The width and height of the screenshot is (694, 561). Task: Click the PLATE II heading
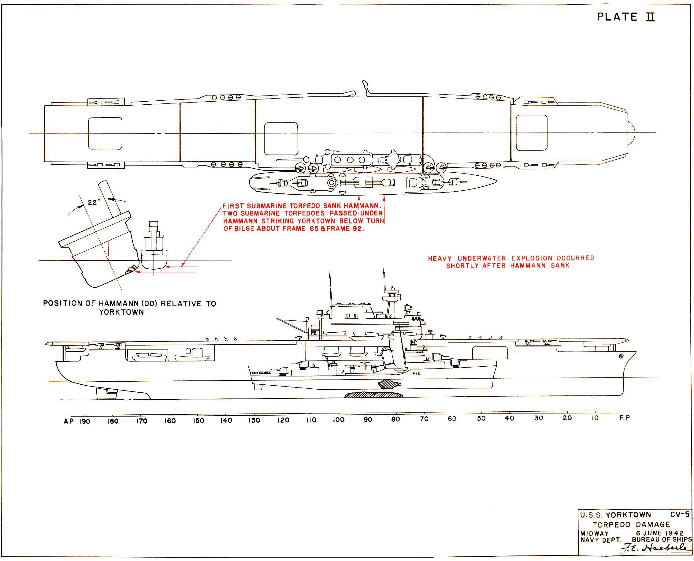tap(625, 17)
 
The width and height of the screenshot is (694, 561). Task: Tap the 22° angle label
tap(94, 202)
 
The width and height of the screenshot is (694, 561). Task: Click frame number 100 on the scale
tap(339, 420)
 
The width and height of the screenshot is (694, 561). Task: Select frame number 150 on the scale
tap(198, 421)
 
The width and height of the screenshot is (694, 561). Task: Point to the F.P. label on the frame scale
tap(625, 418)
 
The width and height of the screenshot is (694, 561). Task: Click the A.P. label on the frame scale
tap(69, 421)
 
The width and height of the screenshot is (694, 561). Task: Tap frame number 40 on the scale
tap(509, 418)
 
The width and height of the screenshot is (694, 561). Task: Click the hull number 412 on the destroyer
tap(416, 374)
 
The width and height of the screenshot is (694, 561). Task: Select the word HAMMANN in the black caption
tap(118, 303)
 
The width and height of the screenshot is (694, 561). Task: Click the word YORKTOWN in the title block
tap(628, 515)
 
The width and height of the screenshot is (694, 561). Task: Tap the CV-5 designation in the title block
tap(680, 514)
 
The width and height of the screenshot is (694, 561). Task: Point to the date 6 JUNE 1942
tap(660, 533)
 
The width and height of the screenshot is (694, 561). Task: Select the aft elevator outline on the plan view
tap(105, 133)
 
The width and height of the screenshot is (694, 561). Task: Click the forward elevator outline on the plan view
tap(531, 133)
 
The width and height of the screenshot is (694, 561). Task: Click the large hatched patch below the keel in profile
tap(373, 395)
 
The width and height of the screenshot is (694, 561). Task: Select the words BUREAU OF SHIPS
tap(662, 540)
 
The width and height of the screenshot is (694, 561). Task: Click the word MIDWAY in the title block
tap(594, 533)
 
